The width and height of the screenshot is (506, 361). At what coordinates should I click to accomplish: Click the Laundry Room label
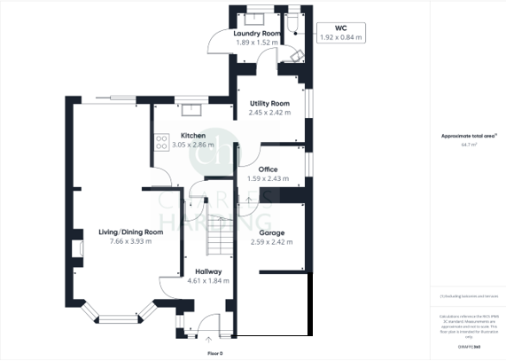pos(258,34)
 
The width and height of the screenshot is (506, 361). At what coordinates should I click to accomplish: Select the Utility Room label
pos(269,104)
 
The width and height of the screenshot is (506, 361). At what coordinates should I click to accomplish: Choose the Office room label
pos(268,169)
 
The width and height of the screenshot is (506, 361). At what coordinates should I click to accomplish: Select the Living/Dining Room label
pos(130,232)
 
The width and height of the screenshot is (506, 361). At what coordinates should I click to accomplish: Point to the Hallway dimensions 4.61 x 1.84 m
pos(208,281)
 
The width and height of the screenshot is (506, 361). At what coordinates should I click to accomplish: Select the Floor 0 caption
pos(215,353)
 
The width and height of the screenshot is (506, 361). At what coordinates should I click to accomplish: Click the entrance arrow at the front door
pos(209,337)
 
